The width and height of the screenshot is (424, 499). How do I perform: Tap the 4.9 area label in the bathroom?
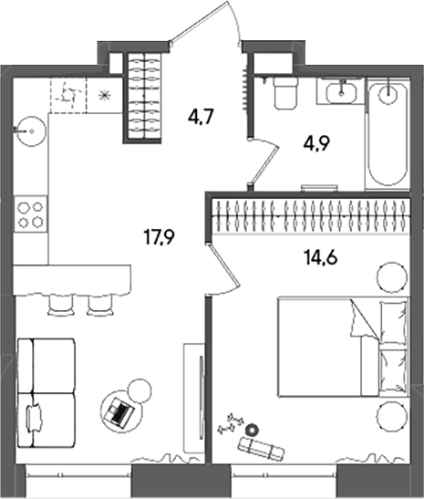click(x=316, y=144)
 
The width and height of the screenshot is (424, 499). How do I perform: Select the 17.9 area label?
click(x=160, y=238)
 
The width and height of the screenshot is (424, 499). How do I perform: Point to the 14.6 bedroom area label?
click(x=321, y=257)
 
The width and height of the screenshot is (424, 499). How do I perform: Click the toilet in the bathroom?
click(x=285, y=93)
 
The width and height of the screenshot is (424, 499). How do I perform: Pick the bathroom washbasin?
click(x=340, y=91)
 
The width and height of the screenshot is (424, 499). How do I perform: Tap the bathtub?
click(x=388, y=134)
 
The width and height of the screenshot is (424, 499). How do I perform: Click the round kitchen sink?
click(x=31, y=130)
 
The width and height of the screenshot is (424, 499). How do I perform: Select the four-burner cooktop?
click(x=30, y=215)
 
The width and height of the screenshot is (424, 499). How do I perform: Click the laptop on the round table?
click(x=119, y=411)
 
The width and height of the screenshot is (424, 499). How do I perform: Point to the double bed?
click(x=343, y=347)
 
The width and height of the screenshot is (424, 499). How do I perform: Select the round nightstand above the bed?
click(x=391, y=277)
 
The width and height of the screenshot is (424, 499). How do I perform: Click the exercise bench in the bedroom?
click(x=261, y=447)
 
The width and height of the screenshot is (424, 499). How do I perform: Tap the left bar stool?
click(x=61, y=305)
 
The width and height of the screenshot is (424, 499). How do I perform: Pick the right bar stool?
click(x=100, y=305)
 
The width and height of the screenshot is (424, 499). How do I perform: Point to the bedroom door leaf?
click(x=223, y=265)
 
